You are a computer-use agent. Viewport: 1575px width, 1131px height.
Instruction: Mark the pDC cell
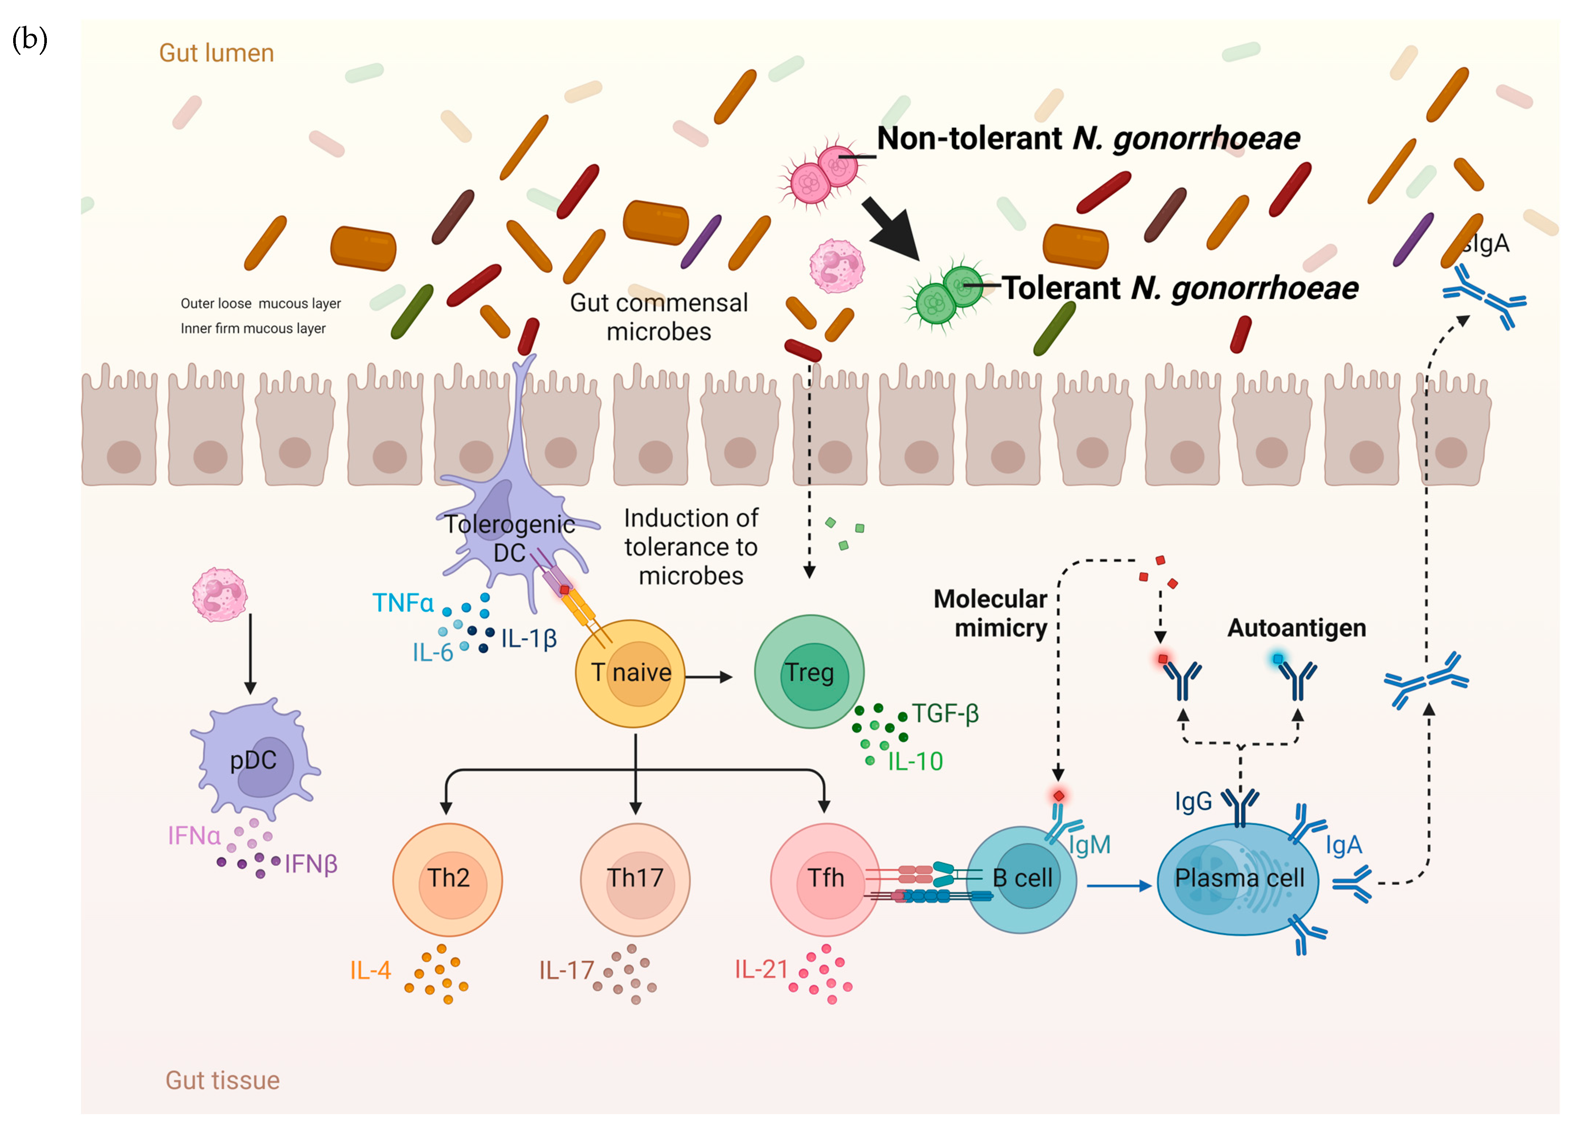point(253,761)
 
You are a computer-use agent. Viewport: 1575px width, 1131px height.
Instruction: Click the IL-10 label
point(915,762)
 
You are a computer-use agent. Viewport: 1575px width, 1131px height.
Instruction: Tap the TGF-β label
point(945,713)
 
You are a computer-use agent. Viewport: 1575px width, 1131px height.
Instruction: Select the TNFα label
point(403,603)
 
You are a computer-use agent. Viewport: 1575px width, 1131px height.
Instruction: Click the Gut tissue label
point(222,1080)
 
